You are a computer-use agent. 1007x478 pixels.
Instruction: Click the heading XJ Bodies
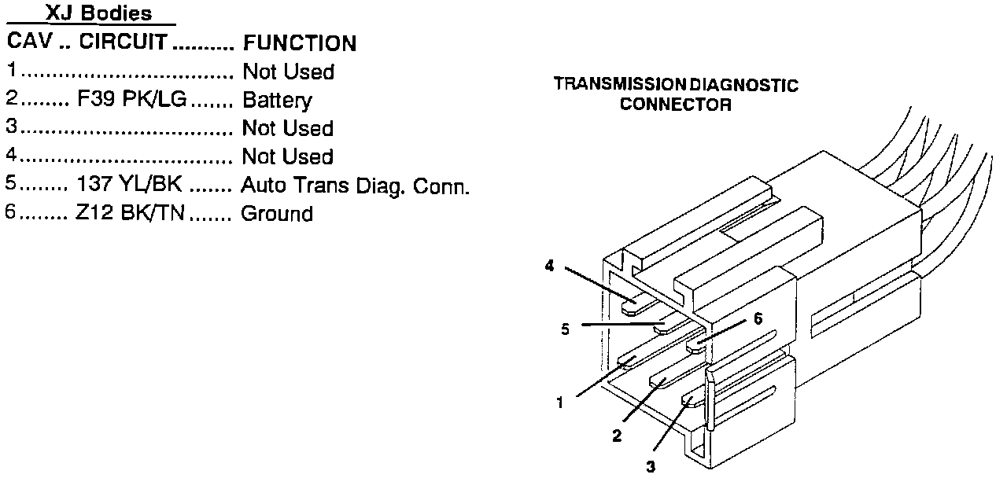pos(98,13)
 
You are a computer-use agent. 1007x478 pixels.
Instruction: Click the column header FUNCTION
pos(299,43)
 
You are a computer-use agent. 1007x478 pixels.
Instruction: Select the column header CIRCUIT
pos(123,42)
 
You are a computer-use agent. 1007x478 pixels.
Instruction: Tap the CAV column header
pos(30,41)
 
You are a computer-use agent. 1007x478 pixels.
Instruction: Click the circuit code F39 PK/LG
pos(131,100)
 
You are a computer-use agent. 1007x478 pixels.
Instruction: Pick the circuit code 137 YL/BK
pos(129,185)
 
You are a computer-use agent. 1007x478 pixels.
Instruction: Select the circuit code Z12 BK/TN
pos(131,213)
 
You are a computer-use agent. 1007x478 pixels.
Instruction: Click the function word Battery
pos(277,101)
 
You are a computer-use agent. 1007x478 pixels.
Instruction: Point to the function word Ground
pos(276,214)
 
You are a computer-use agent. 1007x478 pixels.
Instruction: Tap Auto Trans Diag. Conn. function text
pos(355,186)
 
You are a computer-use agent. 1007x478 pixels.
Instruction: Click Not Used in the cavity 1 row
pos(288,72)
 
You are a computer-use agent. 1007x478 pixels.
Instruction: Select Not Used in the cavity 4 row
pos(288,156)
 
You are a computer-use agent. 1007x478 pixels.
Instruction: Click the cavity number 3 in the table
pos(11,127)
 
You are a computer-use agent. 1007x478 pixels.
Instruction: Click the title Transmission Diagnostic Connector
pos(675,94)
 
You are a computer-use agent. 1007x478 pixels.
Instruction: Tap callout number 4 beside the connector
pos(549,267)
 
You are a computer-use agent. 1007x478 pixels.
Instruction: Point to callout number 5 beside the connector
pos(565,329)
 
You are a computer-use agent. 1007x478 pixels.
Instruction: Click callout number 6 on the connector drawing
pos(758,318)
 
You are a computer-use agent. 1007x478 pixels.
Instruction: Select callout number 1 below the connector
pos(559,404)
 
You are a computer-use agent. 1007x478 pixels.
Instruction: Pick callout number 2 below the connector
pos(616,435)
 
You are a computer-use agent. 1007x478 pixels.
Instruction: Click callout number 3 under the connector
pos(650,466)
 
